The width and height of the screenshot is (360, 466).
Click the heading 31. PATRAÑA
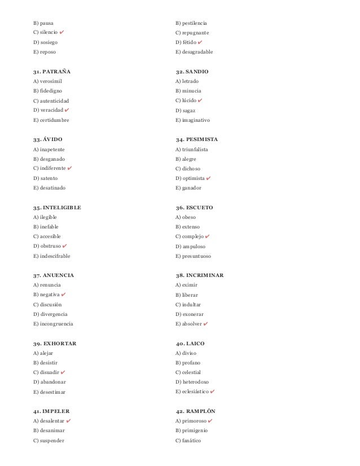click(x=52, y=72)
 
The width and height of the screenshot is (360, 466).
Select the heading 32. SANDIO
click(x=192, y=72)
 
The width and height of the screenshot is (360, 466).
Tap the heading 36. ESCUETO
click(x=195, y=207)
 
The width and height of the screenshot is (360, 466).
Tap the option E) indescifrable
click(x=52, y=256)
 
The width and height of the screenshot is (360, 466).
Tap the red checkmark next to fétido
click(x=201, y=42)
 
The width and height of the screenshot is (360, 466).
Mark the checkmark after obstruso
click(x=65, y=245)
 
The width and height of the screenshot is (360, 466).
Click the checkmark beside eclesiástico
click(x=218, y=391)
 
